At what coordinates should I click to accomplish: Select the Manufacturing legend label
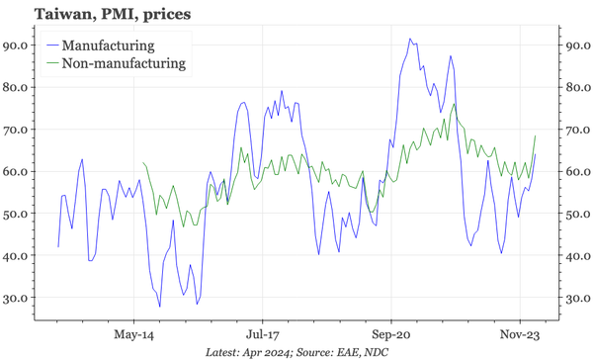(x=108, y=45)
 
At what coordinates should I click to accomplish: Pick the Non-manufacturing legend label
(x=124, y=63)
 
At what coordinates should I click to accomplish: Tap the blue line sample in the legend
(x=50, y=45)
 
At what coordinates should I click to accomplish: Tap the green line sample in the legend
(x=50, y=63)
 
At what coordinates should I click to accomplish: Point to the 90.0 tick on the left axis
(x=17, y=45)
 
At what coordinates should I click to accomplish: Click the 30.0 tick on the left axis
(x=17, y=297)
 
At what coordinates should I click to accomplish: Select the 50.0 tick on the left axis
(x=17, y=213)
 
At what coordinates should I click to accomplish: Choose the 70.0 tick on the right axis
(x=576, y=129)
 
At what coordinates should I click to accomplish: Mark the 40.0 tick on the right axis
(x=576, y=255)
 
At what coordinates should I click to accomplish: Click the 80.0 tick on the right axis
(x=576, y=87)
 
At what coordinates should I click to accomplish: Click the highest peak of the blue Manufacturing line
(x=409, y=40)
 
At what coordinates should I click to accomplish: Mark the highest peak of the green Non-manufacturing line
(x=454, y=104)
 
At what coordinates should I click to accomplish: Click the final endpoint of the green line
(x=536, y=135)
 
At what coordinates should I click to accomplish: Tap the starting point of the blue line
(x=58, y=246)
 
